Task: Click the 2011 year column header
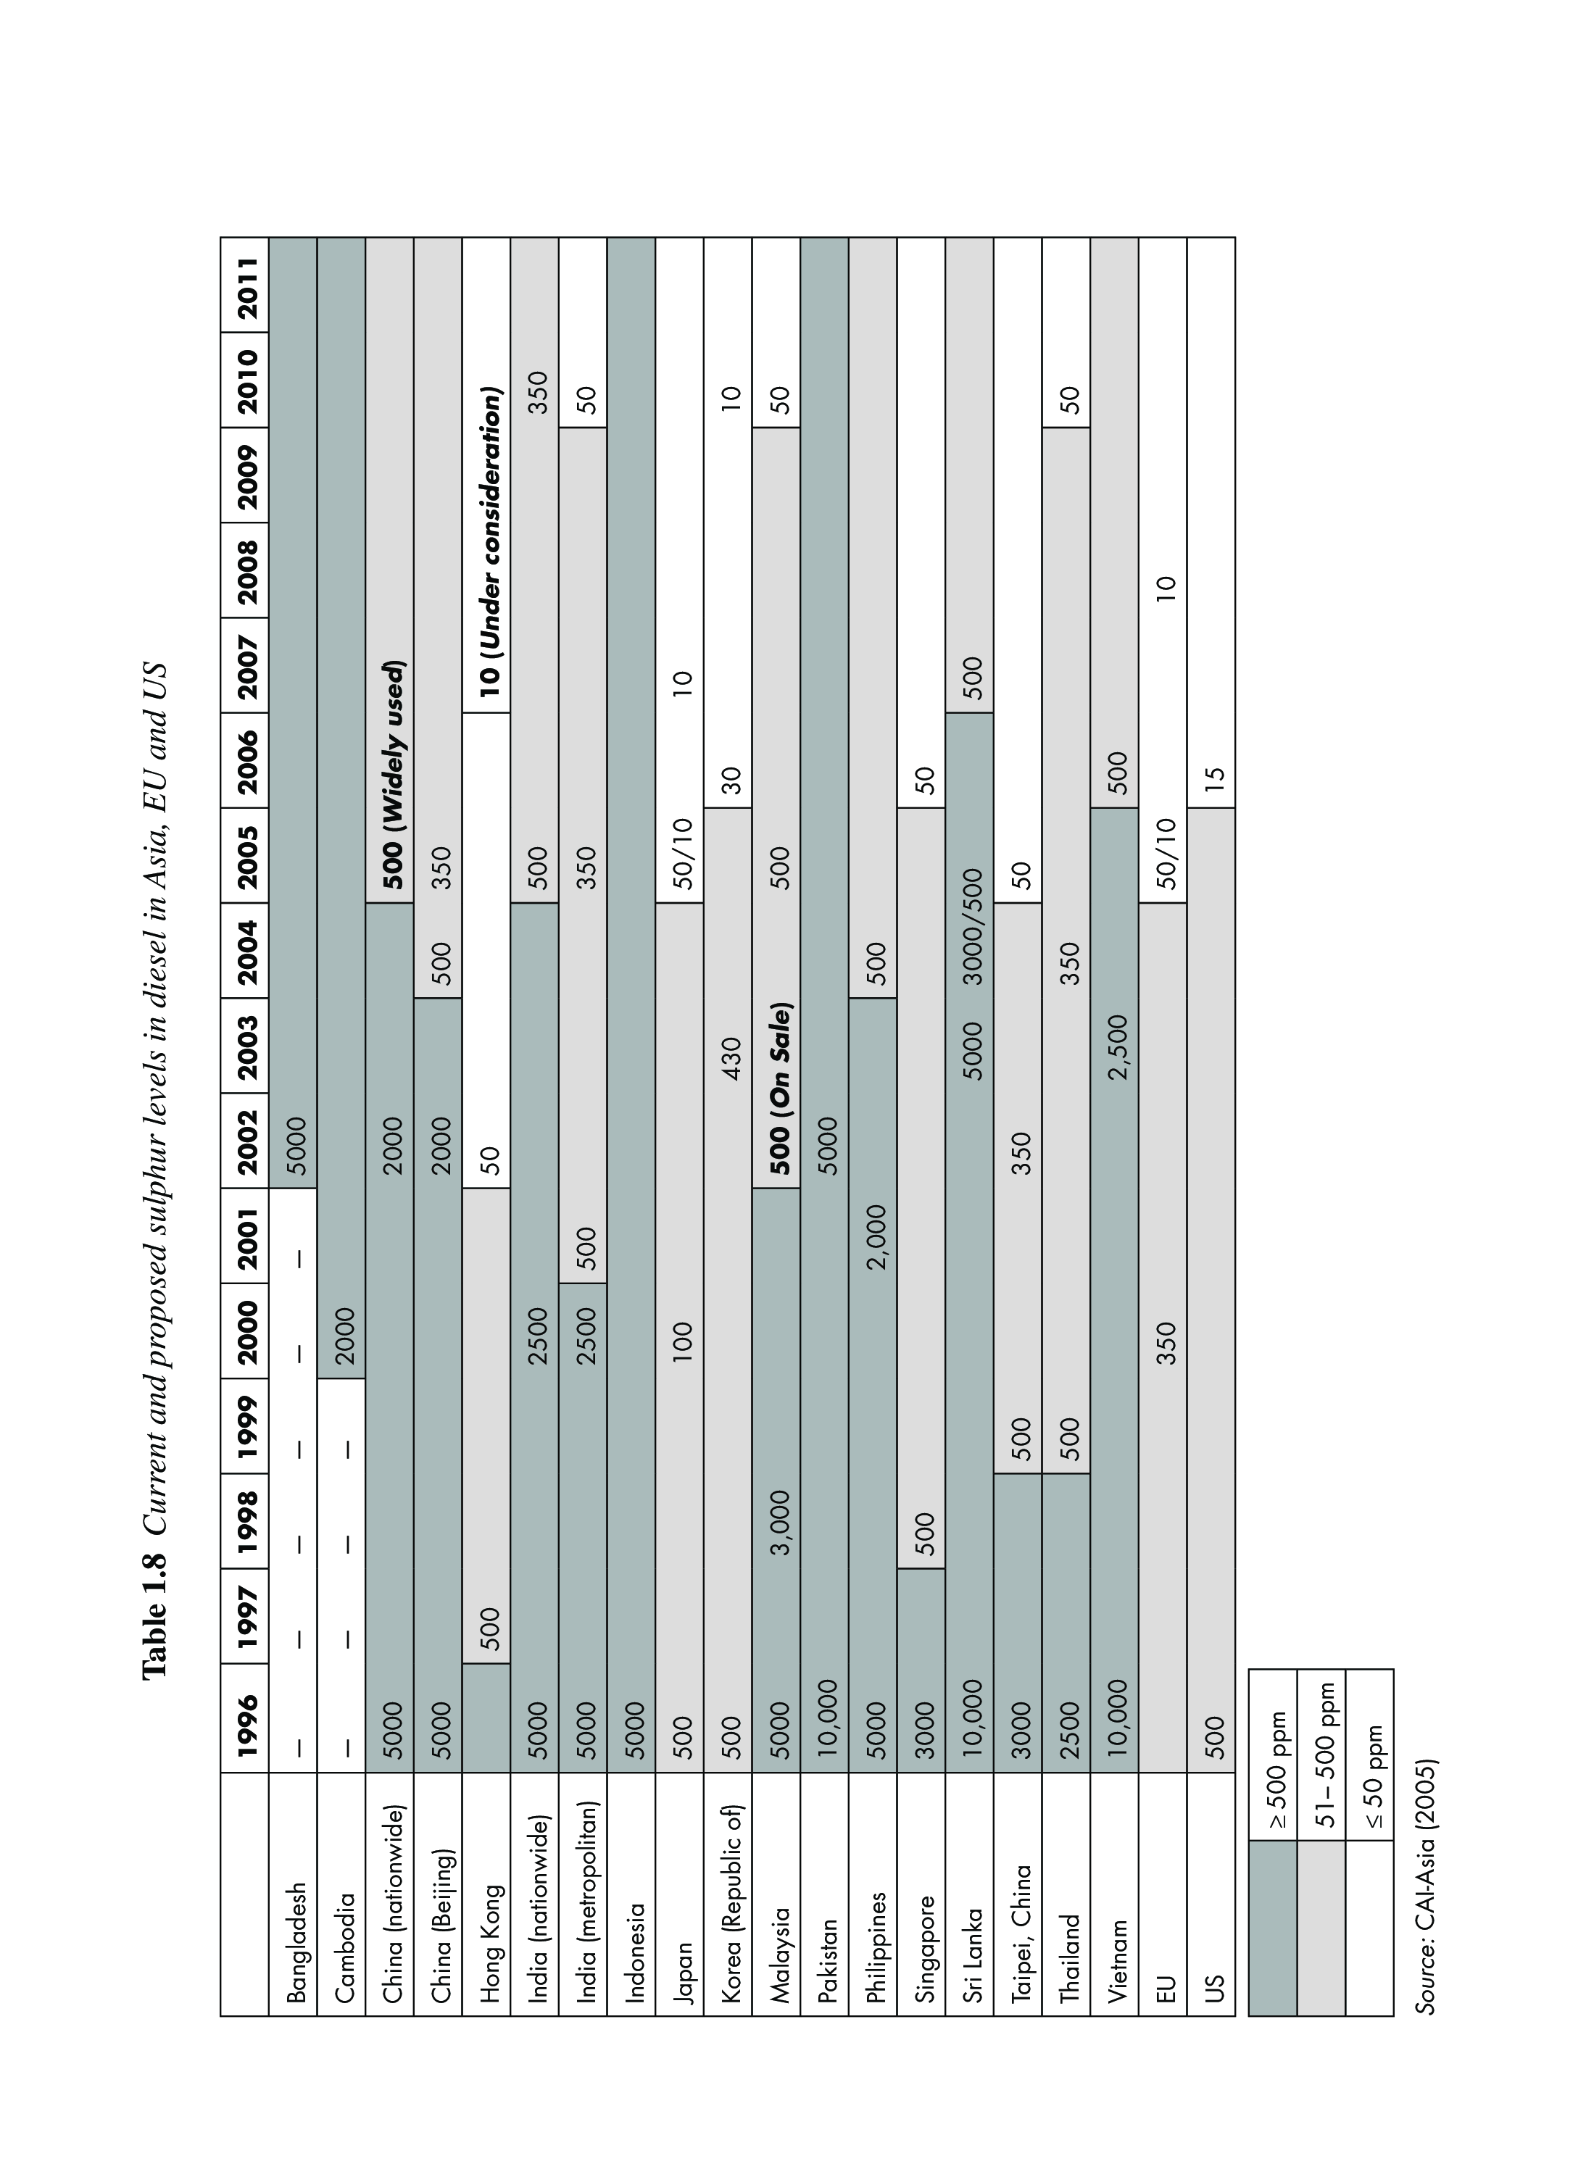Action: (x=246, y=285)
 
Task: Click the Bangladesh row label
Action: (x=296, y=1941)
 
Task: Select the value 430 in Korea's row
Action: (x=730, y=1058)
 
